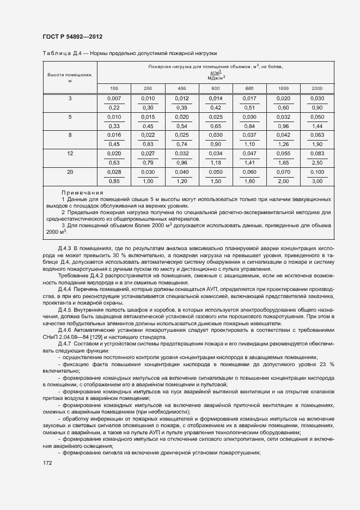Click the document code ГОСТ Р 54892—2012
(72, 37)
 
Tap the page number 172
(47, 463)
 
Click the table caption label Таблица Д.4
(61, 53)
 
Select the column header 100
(114, 88)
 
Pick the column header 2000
(317, 88)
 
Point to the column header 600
(215, 88)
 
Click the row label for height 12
(70, 154)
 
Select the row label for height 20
(70, 172)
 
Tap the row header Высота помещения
(70, 77)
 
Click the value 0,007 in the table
(114, 98)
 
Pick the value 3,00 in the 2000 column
(317, 181)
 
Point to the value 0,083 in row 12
(317, 154)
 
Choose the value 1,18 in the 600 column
(215, 162)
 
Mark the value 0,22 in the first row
(114, 107)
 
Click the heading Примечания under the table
(82, 193)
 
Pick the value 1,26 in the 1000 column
(283, 144)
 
